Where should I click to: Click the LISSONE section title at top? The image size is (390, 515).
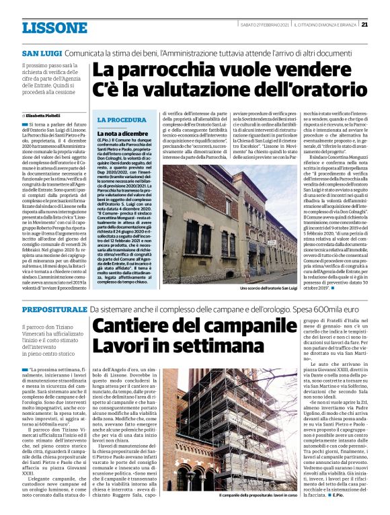click(x=55, y=28)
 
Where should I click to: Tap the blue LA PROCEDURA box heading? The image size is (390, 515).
click(x=122, y=120)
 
